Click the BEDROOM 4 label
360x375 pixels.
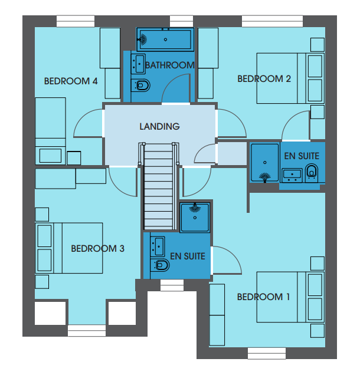pyautogui.click(x=71, y=81)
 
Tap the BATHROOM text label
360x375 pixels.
pyautogui.click(x=170, y=65)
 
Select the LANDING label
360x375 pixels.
pyautogui.click(x=160, y=127)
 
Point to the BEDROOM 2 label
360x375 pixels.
pyautogui.click(x=264, y=78)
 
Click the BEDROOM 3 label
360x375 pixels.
pyautogui.click(x=97, y=249)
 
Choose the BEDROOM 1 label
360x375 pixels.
pyautogui.click(x=263, y=297)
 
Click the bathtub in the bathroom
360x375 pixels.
pyautogui.click(x=165, y=40)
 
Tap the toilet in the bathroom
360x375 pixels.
pyautogui.click(x=140, y=85)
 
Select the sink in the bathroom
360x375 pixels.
pyautogui.click(x=138, y=64)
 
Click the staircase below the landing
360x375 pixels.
pyautogui.click(x=158, y=186)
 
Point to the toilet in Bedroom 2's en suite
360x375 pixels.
pyautogui.click(x=312, y=173)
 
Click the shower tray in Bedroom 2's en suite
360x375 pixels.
pyautogui.click(x=264, y=163)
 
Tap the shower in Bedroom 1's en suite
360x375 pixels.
pyautogui.click(x=195, y=217)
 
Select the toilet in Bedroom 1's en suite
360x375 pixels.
pyautogui.click(x=160, y=265)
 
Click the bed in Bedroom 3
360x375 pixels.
pyautogui.click(x=69, y=248)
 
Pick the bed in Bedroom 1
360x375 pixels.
pyautogui.click(x=290, y=297)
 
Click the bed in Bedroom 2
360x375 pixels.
pyautogui.click(x=290, y=78)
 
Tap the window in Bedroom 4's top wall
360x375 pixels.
pyautogui.click(x=76, y=21)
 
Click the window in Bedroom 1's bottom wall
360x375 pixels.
pyautogui.click(x=267, y=353)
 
